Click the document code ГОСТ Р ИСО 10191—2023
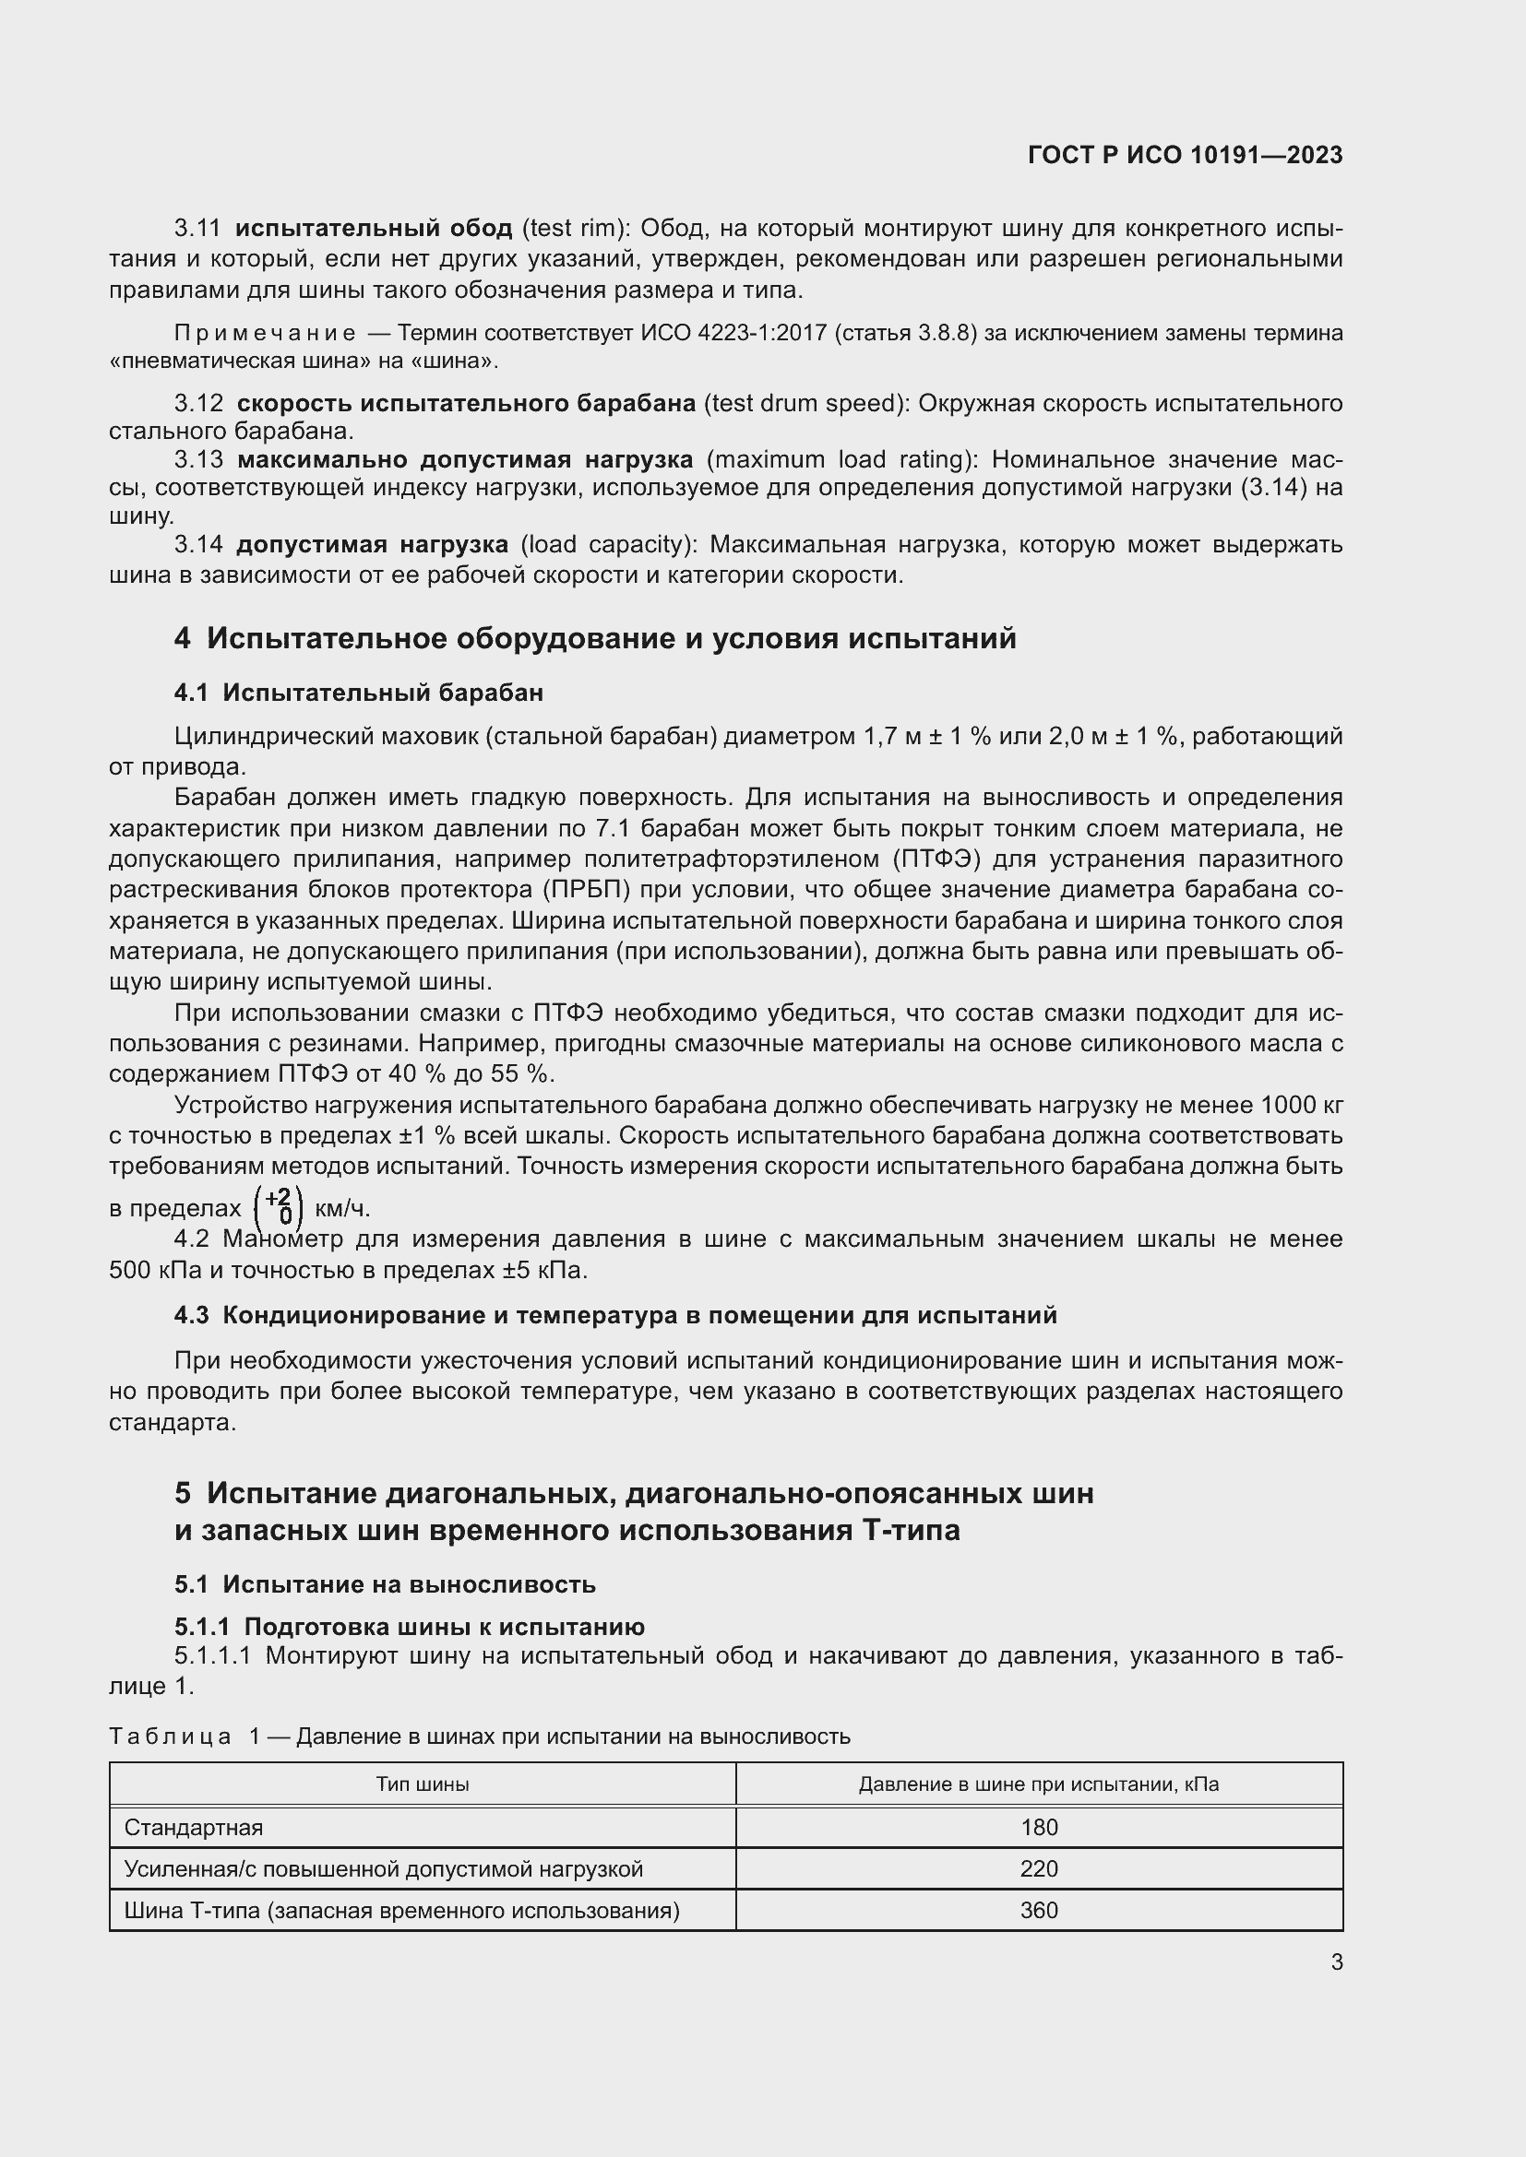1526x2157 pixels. (1185, 155)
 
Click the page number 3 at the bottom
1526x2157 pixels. (1336, 1961)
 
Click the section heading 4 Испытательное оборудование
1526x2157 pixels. (595, 639)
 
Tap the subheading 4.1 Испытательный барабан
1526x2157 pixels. (358, 693)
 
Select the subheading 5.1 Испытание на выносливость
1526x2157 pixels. (385, 1585)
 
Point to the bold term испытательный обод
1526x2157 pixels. (373, 229)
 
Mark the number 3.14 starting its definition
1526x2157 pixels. (198, 545)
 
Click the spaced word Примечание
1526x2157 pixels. (265, 334)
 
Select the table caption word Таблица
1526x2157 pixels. (170, 1736)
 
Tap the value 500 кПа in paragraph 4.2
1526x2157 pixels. (154, 1270)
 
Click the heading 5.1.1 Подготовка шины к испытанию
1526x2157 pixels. (409, 1627)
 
